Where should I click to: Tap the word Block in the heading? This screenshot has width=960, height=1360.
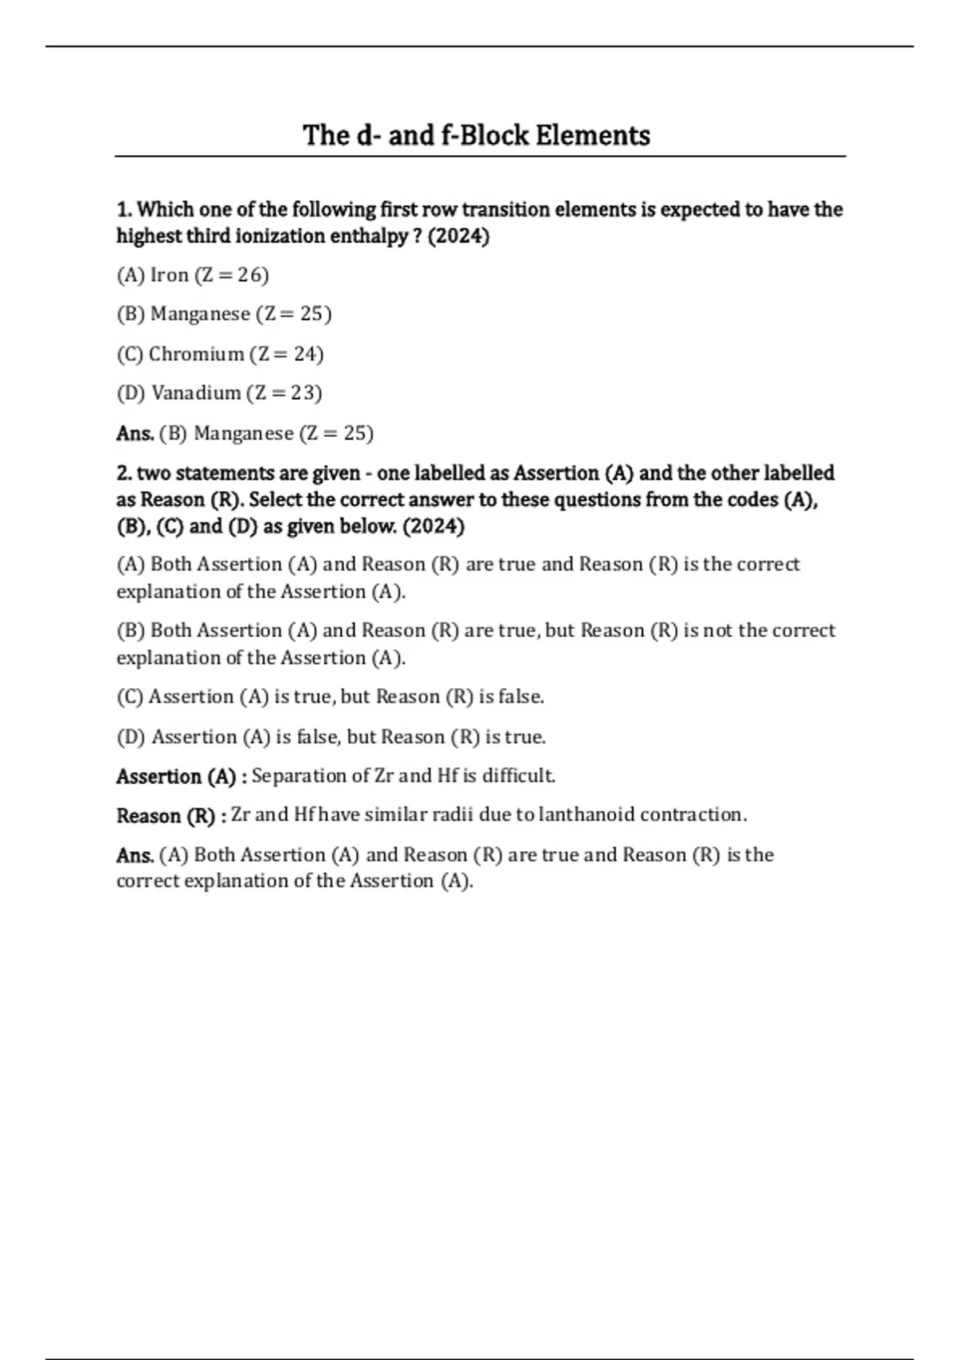(492, 135)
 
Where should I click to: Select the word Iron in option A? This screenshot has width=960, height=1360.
(170, 275)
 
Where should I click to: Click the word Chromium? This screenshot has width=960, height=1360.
(197, 354)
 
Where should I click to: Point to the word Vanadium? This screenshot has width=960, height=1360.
(197, 393)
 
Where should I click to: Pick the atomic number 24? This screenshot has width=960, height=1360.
(306, 354)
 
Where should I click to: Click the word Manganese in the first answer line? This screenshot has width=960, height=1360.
(244, 433)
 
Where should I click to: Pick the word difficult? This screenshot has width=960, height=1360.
(519, 776)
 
